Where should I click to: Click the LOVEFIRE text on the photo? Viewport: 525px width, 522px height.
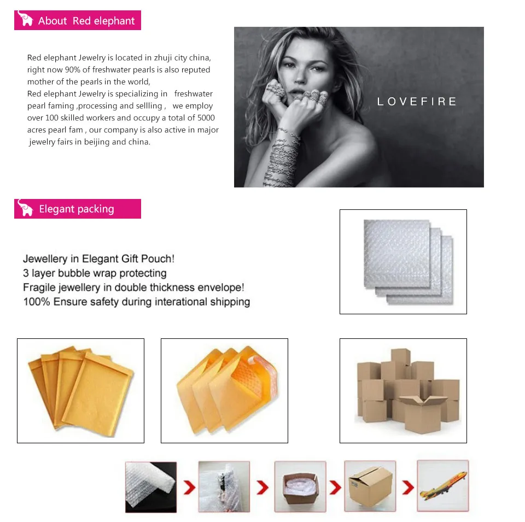click(x=417, y=101)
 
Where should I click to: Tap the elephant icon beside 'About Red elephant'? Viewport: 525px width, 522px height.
click(x=25, y=19)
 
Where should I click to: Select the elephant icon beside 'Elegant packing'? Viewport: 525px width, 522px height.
click(x=25, y=208)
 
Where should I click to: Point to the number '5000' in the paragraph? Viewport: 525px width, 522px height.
click(x=206, y=118)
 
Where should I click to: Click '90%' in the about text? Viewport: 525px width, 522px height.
click(x=73, y=69)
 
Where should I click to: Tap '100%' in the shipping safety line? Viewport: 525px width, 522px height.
click(x=37, y=302)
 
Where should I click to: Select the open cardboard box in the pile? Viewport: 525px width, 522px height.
click(x=423, y=414)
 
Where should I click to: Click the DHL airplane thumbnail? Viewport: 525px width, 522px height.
click(x=442, y=486)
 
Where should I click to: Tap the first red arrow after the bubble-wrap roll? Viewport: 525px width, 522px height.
click(x=189, y=487)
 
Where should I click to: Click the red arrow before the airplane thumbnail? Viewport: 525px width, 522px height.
click(x=408, y=487)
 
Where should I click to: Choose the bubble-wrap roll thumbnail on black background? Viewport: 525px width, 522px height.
click(x=151, y=487)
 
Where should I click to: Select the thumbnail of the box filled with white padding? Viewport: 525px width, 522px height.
click(x=300, y=486)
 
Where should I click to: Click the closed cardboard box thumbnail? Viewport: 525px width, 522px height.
click(x=370, y=486)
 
